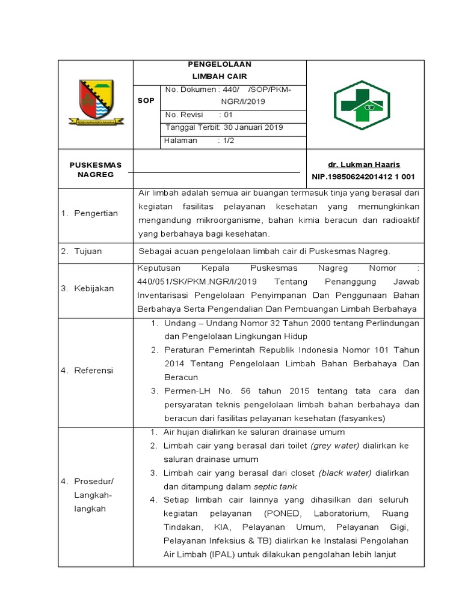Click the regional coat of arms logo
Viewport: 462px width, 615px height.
96,103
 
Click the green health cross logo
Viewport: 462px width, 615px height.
362,105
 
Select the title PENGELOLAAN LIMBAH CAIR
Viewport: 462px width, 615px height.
220,70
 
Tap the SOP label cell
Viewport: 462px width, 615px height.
146,101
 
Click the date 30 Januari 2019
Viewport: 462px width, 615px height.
253,127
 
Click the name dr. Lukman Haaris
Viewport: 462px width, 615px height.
363,165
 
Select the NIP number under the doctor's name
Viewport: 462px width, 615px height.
363,177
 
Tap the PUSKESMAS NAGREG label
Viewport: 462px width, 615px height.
95,169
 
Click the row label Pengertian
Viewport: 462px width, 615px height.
96,213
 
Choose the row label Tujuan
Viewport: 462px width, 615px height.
88,250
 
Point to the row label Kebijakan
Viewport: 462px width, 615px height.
93,288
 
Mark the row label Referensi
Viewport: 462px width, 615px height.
93,371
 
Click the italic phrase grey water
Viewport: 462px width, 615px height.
335,446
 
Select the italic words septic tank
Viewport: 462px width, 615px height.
276,486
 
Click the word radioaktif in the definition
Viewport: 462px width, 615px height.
399,220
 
